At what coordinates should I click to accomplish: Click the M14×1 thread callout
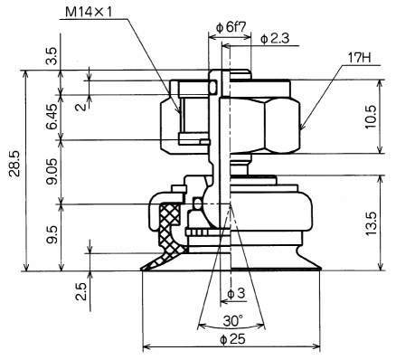click(89, 13)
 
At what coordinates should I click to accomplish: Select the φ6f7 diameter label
click(231, 27)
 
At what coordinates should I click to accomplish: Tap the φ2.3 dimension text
click(275, 39)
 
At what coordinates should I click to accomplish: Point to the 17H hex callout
click(359, 57)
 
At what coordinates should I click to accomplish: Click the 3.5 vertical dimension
click(52, 56)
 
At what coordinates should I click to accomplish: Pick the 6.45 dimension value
click(52, 117)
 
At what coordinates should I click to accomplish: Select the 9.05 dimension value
click(52, 172)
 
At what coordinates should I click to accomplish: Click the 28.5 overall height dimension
click(14, 164)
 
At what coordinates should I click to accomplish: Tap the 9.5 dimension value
click(52, 235)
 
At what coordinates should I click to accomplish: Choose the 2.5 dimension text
click(81, 291)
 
